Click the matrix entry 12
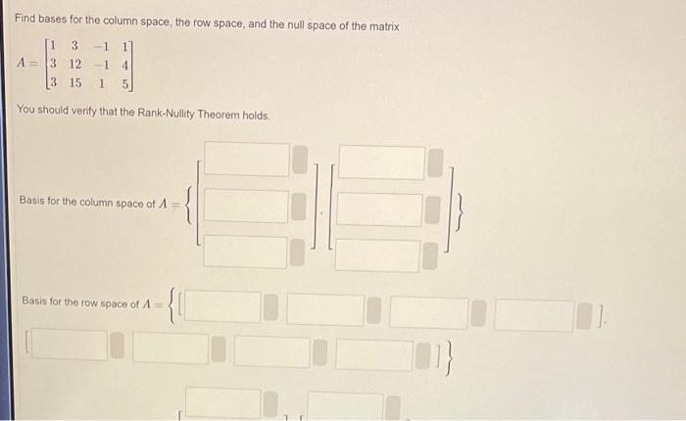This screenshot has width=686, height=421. (x=75, y=64)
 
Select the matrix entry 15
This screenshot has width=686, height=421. (x=75, y=83)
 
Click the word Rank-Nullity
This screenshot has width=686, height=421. (x=171, y=115)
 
